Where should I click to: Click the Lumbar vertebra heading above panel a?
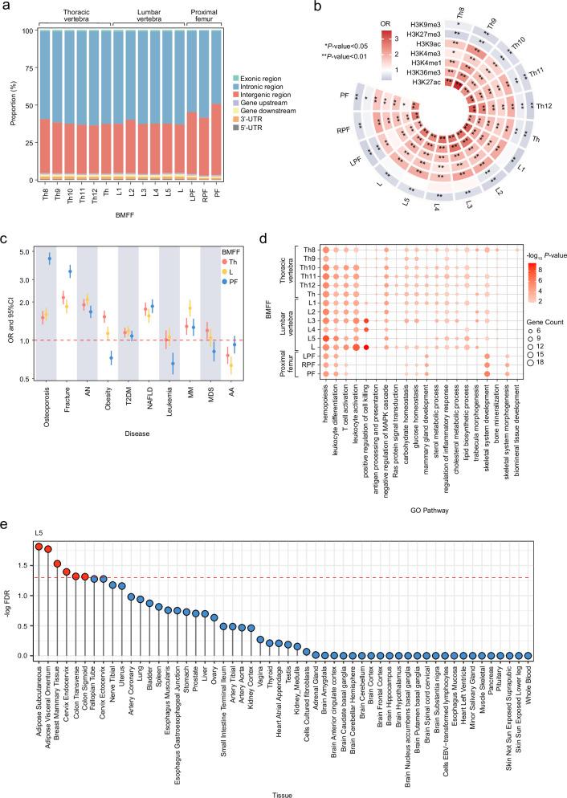[x=144, y=14]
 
